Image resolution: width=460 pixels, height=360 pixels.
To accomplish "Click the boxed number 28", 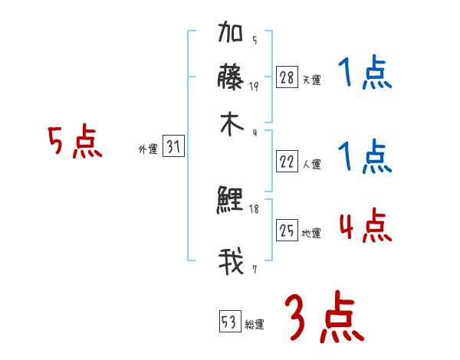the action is pos(287,77).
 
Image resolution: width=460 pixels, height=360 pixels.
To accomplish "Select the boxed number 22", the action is pos(287,162).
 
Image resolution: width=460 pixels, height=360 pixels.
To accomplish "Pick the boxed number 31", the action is pos(173,148).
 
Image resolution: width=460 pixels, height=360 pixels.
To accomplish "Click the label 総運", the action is pos(255,324).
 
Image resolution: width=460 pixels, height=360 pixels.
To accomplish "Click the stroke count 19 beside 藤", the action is pos(254,86).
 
